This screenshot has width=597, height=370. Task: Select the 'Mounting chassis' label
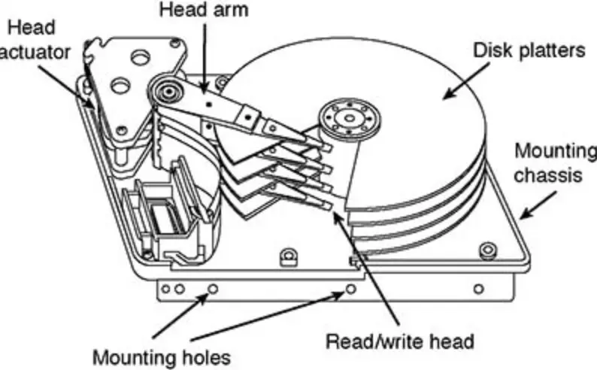tap(553, 162)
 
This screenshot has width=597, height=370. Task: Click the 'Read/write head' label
tap(399, 341)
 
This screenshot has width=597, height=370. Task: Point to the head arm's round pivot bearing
tap(166, 93)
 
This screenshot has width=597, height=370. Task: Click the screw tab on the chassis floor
tap(286, 257)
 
